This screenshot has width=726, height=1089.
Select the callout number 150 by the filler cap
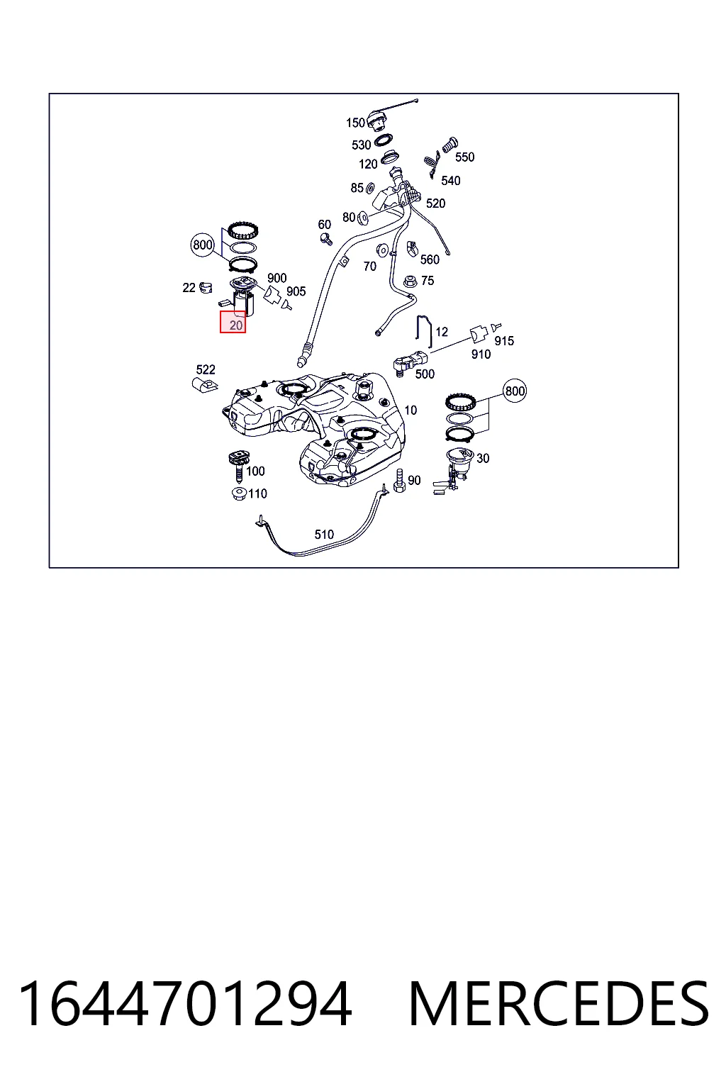pyautogui.click(x=355, y=123)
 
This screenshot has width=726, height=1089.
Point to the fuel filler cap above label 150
pyautogui.click(x=376, y=121)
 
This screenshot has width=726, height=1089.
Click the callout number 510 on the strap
pyautogui.click(x=324, y=535)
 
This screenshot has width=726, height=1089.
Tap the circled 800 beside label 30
pyautogui.click(x=515, y=391)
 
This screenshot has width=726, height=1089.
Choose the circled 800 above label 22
pyautogui.click(x=203, y=245)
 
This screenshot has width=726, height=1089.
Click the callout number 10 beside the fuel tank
pyautogui.click(x=411, y=411)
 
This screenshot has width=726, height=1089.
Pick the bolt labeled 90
pyautogui.click(x=399, y=481)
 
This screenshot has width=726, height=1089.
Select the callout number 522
pyautogui.click(x=206, y=369)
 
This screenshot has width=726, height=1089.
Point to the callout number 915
pyautogui.click(x=504, y=341)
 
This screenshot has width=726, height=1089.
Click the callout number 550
pyautogui.click(x=465, y=157)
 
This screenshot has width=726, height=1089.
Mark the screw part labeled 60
pyautogui.click(x=326, y=239)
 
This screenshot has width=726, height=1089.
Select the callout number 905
pyautogui.click(x=296, y=291)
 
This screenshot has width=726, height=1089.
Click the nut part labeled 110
pyautogui.click(x=239, y=494)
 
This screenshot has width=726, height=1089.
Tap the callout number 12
pyautogui.click(x=442, y=332)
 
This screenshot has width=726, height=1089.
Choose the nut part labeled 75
pyautogui.click(x=411, y=281)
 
